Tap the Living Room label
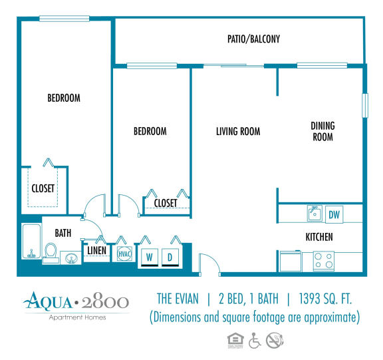[238, 131]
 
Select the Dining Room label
[322, 131]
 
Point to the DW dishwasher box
[334, 214]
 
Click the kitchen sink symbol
[315, 214]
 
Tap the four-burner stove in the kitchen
[324, 261]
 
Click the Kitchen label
[319, 237]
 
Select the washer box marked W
[150, 257]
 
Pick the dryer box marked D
[170, 257]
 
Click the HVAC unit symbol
[124, 254]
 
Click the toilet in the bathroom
[51, 252]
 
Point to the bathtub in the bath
[30, 243]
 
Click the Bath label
[63, 233]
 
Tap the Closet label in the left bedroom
[43, 188]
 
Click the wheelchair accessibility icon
[255, 340]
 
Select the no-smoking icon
[274, 340]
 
